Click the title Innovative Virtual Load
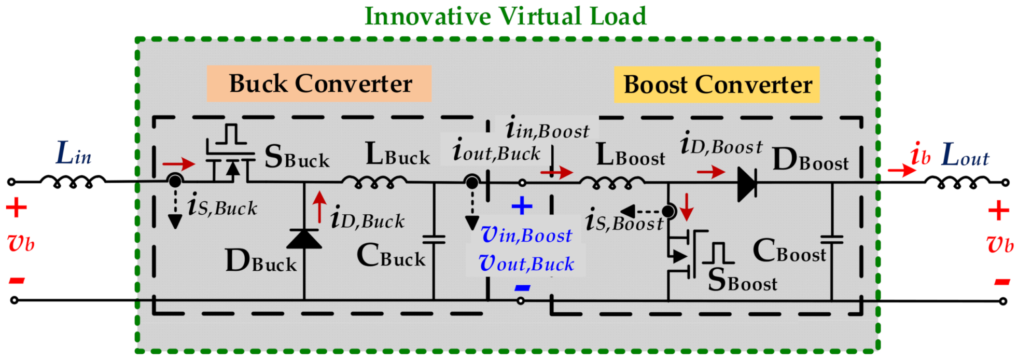coord(505,16)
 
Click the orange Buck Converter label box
coord(319,84)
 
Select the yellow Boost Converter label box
coord(717,85)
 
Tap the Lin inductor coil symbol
coord(73,181)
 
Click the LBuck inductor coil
coord(374,181)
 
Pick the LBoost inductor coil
coord(612,182)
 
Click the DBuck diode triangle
coord(304,239)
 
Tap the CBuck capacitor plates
coord(434,239)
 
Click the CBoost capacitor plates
coord(832,239)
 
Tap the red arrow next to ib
coord(901,170)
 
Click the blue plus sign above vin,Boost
coord(522,206)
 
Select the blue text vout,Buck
coord(526,264)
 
